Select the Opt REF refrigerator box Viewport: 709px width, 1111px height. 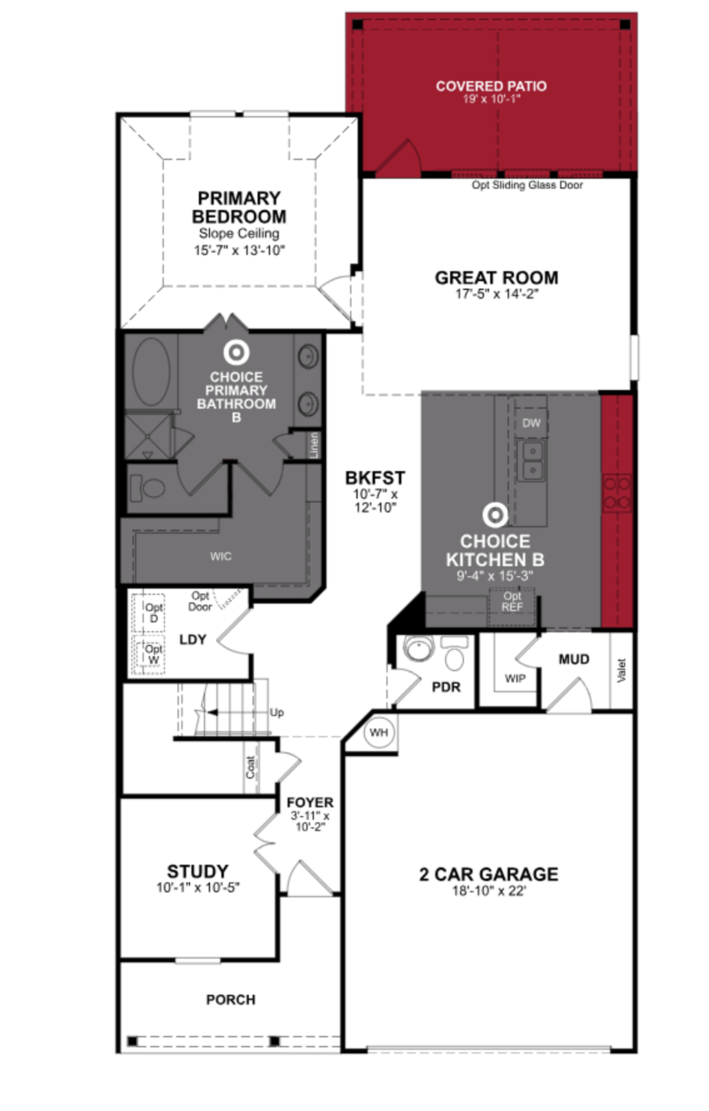coord(512,602)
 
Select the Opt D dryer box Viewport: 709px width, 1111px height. coord(149,613)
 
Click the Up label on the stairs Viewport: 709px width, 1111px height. coord(277,712)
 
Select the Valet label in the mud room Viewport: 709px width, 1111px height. coord(621,670)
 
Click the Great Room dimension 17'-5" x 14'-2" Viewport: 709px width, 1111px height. coord(497,294)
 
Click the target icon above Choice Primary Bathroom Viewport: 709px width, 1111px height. coord(236,352)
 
